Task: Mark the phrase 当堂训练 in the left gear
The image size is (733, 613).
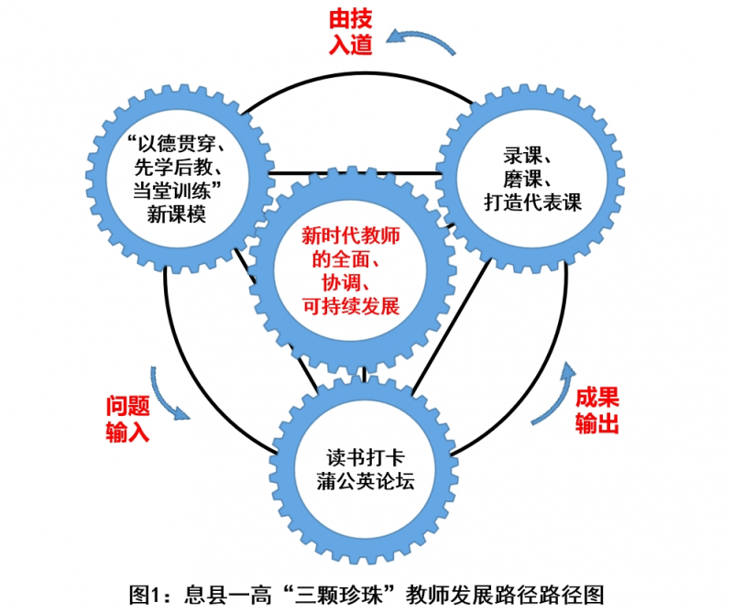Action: tap(170, 191)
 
